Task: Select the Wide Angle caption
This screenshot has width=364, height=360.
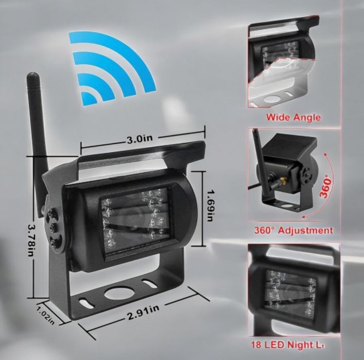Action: point(293,117)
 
